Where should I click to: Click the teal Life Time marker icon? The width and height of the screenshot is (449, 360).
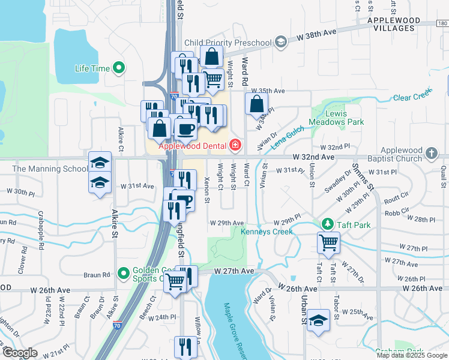click(118, 68)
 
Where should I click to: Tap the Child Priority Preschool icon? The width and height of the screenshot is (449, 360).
click(280, 42)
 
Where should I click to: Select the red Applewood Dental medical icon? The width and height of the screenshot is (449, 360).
click(235, 145)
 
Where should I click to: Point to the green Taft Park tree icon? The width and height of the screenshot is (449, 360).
click(327, 224)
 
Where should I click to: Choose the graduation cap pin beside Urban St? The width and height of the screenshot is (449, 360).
click(318, 319)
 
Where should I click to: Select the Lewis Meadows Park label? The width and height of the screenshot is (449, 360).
click(336, 118)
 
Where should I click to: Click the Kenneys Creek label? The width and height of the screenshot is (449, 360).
click(267, 232)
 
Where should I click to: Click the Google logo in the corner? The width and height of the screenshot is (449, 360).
click(20, 353)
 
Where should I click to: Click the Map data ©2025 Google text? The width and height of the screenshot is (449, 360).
click(412, 355)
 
